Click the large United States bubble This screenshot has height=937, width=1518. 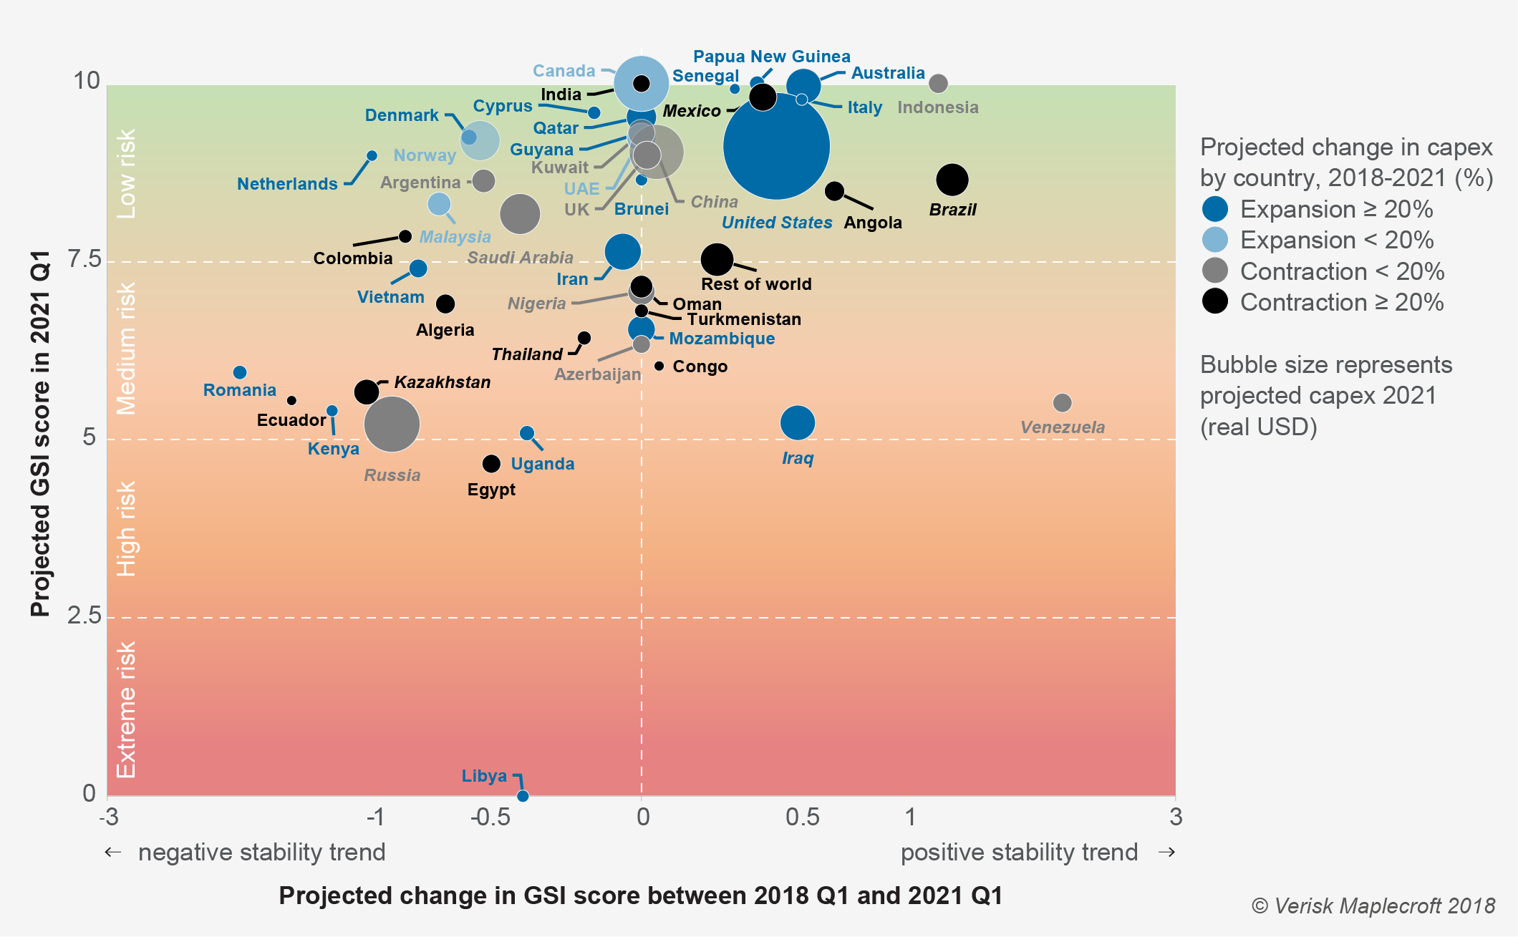pyautogui.click(x=776, y=146)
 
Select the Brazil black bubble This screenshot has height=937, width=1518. pyautogui.click(x=952, y=179)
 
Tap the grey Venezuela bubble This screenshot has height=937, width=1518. pyautogui.click(x=1062, y=403)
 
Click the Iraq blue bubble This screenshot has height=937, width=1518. pyautogui.click(x=797, y=422)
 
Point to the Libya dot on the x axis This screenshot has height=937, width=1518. pyautogui.click(x=523, y=796)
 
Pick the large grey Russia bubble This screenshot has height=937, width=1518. pyautogui.click(x=392, y=424)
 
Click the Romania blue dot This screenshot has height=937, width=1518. pyautogui.click(x=240, y=372)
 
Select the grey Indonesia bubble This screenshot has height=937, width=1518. pyautogui.click(x=938, y=84)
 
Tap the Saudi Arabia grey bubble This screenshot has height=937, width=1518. pyautogui.click(x=519, y=213)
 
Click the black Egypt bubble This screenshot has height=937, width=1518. pyautogui.click(x=491, y=464)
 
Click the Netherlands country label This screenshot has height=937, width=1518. pyautogui.click(x=287, y=184)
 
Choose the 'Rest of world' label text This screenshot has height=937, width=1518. pyautogui.click(x=756, y=284)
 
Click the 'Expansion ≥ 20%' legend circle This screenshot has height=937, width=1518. pyautogui.click(x=1215, y=209)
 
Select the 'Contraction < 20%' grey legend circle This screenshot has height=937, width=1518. pyautogui.click(x=1215, y=271)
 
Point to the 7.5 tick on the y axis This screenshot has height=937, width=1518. pyautogui.click(x=85, y=259)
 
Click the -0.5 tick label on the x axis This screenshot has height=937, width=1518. pyautogui.click(x=490, y=817)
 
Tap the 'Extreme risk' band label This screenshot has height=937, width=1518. pyautogui.click(x=126, y=709)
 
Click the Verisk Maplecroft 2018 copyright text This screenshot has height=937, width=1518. pyautogui.click(x=1373, y=906)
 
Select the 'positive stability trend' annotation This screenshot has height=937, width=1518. pyautogui.click(x=1019, y=853)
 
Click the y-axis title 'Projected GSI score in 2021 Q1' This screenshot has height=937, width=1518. pyautogui.click(x=40, y=434)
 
